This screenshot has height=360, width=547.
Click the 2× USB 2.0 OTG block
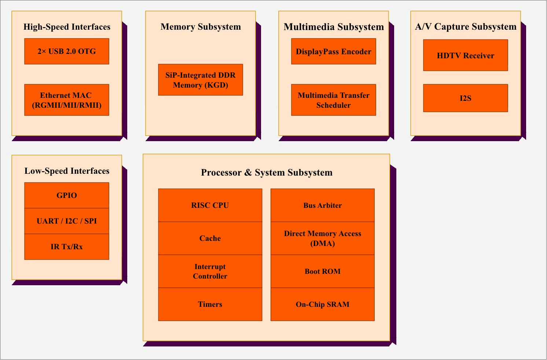[67, 51]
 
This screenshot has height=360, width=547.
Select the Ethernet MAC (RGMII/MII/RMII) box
[67, 100]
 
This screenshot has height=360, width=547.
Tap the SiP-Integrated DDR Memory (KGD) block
[201, 80]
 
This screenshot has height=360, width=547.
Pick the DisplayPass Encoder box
[334, 51]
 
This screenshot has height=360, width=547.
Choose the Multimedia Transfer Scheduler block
[334, 100]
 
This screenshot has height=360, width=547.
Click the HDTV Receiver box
[466, 55]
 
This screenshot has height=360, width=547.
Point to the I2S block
[466, 98]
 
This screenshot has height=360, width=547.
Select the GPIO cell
[67, 195]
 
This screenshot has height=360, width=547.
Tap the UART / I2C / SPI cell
[67, 221]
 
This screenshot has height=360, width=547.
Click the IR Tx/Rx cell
[67, 247]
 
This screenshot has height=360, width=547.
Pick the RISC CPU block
[210, 205]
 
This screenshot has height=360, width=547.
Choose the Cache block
[210, 238]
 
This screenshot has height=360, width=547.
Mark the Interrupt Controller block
[210, 271]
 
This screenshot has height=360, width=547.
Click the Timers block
[210, 304]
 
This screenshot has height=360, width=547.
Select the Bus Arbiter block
[323, 205]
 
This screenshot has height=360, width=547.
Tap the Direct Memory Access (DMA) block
[323, 238]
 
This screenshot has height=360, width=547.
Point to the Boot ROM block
[323, 271]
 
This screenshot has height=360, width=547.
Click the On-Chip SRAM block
[323, 304]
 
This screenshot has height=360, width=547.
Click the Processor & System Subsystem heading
[267, 172]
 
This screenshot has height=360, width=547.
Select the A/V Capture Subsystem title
[466, 27]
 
